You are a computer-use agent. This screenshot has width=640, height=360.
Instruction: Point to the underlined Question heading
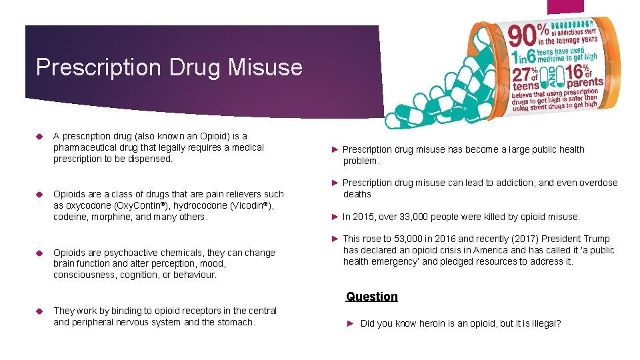pyautogui.click(x=372, y=297)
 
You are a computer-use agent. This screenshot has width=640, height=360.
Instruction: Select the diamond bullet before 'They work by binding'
pyautogui.click(x=39, y=311)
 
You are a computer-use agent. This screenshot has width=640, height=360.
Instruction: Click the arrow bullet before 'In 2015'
pyautogui.click(x=335, y=217)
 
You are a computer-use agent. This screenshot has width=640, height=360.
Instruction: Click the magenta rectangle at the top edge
pyautogui.click(x=565, y=6)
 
